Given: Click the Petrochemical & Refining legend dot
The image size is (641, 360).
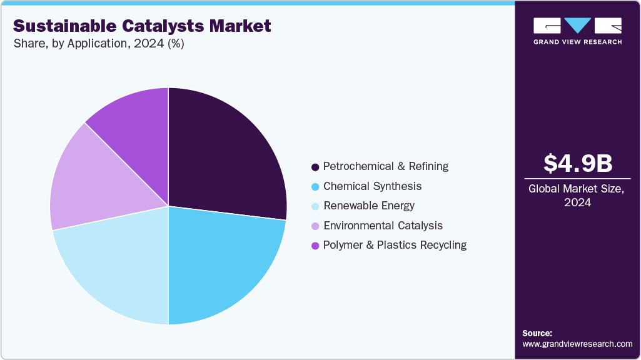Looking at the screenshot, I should pyautogui.click(x=315, y=167).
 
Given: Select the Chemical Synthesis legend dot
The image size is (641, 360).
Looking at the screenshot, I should pyautogui.click(x=315, y=187).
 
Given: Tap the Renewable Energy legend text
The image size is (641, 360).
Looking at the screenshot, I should pyautogui.click(x=368, y=206).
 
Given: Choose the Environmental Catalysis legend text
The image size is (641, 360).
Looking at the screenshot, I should pyautogui.click(x=383, y=226).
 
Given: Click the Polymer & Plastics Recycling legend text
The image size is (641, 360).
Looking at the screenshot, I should pyautogui.click(x=395, y=245).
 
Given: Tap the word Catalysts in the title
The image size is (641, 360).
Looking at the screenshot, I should pyautogui.click(x=166, y=26).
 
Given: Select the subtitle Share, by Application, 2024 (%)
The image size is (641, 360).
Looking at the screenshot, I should pyautogui.click(x=98, y=44).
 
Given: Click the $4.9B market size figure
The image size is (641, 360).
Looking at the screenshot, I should pyautogui.click(x=577, y=163).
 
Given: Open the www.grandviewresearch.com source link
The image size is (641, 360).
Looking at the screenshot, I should pyautogui.click(x=577, y=344).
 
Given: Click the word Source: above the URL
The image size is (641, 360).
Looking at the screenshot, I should pyautogui.click(x=537, y=333).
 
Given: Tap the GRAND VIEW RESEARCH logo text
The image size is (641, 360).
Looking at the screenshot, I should pyautogui.click(x=577, y=42).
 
